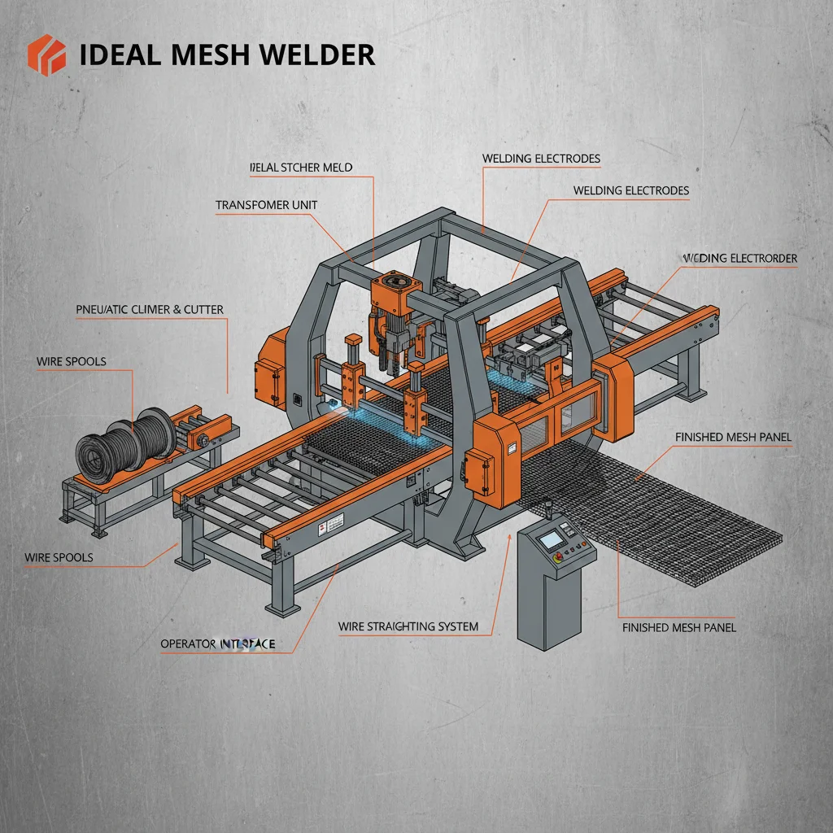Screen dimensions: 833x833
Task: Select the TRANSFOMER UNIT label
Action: point(266,206)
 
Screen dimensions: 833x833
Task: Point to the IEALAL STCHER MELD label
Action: point(300,168)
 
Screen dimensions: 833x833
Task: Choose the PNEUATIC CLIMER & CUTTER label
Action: point(149,309)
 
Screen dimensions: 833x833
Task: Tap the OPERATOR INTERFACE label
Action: point(217,644)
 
